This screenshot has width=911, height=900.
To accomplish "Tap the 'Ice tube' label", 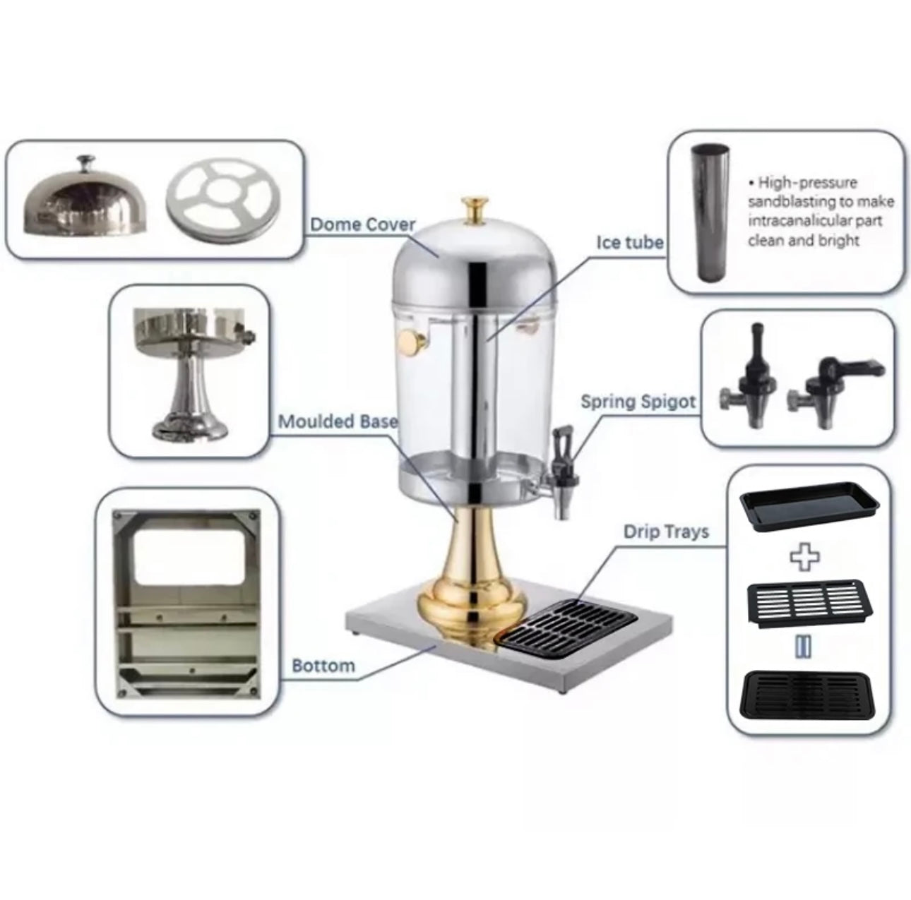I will tap(630, 243).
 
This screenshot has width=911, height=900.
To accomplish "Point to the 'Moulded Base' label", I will tap(338, 421).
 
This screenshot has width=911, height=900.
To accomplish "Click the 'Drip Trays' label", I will tap(666, 531).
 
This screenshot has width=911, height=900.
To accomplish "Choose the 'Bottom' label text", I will tap(323, 666).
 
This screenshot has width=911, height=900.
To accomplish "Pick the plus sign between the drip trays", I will tap(804, 556).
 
